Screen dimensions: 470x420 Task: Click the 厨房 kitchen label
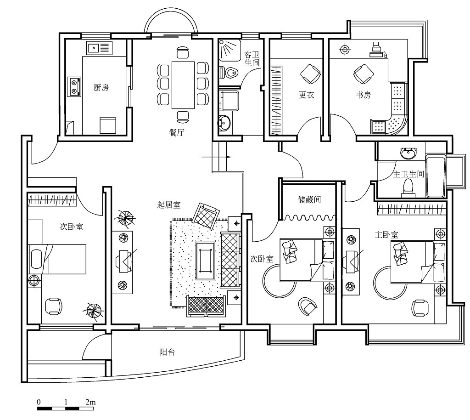[101, 88]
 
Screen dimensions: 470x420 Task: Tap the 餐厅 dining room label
[177, 132]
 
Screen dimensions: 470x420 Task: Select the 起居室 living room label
[169, 205]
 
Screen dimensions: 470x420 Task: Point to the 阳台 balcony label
[167, 352]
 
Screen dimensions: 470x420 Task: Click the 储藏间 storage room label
[309, 199]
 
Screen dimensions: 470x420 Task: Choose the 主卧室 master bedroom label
[386, 235]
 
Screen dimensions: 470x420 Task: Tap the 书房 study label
[364, 95]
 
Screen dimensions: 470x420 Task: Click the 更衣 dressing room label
[306, 95]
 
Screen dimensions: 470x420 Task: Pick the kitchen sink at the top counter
[100, 48]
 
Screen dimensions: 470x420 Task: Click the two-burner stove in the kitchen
[74, 86]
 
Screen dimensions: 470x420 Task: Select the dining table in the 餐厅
[183, 85]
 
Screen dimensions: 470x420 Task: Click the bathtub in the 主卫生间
[436, 176]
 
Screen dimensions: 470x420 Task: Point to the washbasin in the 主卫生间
[408, 153]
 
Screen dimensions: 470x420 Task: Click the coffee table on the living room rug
[205, 261]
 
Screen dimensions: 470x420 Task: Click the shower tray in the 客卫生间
[229, 50]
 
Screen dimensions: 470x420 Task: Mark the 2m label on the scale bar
[90, 402]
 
